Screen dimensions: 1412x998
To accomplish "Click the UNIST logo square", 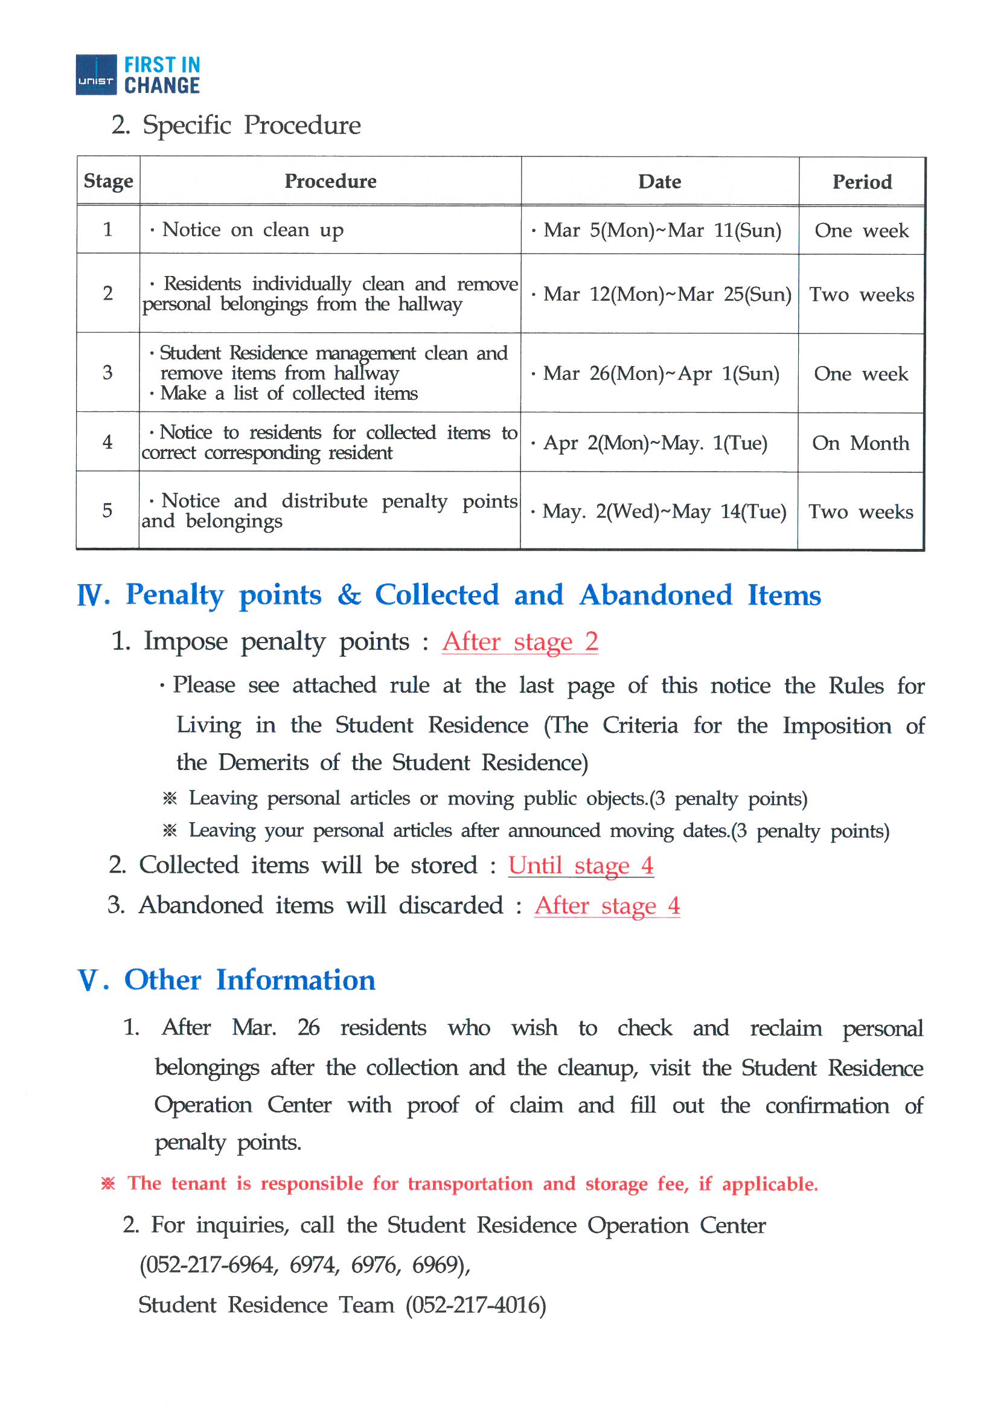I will [96, 74].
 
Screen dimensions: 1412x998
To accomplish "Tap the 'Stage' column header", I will [108, 181].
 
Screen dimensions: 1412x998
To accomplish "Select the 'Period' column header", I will [862, 182].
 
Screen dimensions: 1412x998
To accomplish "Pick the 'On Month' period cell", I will [860, 443].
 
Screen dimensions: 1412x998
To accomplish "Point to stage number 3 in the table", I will [107, 373].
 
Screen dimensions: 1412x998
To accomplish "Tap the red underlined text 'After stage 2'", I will [520, 642].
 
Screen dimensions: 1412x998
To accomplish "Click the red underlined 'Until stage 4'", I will [580, 866].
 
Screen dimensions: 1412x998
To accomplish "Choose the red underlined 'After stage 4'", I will [607, 906].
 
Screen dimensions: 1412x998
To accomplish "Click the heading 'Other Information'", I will [250, 980].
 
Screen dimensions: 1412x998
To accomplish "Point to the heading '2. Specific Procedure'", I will [236, 125].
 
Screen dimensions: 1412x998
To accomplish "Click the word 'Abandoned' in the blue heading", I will [656, 595].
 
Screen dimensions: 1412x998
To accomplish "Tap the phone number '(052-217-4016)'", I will [475, 1305].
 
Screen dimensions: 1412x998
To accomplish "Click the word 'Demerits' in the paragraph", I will [263, 763].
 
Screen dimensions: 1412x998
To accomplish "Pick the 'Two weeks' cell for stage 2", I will [861, 295].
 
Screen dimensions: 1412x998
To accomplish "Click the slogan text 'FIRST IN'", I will [162, 65].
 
